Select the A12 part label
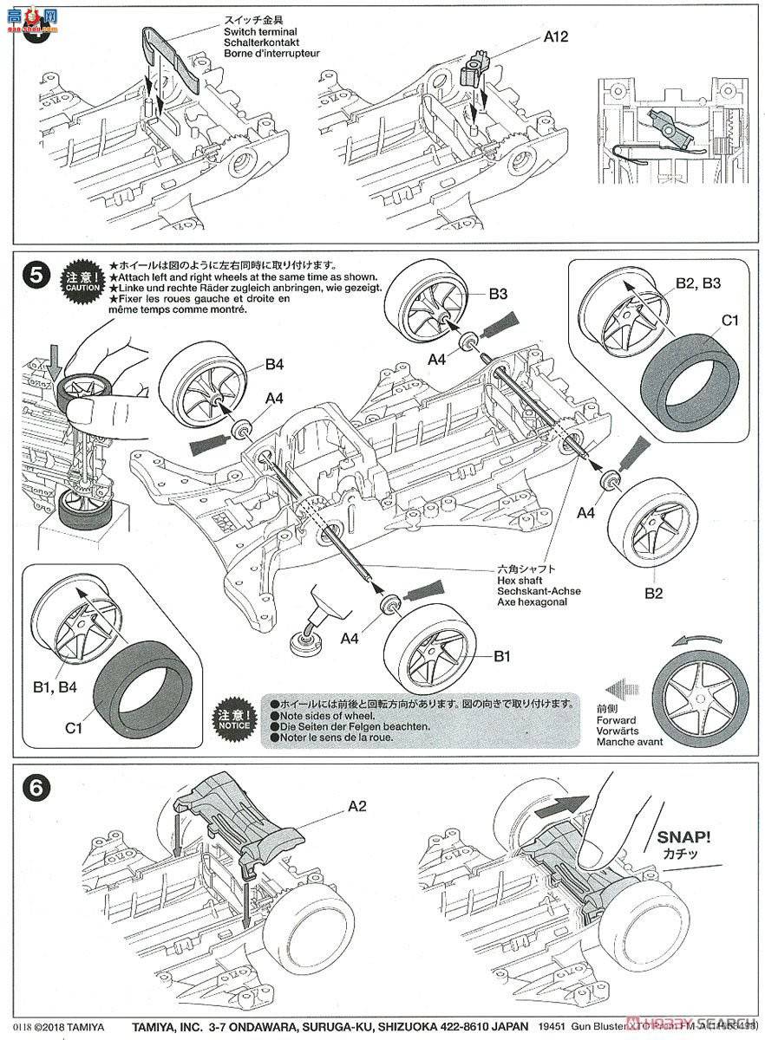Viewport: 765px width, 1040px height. pos(555,37)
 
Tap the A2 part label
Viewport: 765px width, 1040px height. pos(357,806)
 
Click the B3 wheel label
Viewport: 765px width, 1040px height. pos(497,294)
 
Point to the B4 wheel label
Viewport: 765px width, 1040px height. pos(274,364)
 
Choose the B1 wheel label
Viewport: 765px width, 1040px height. pos(500,657)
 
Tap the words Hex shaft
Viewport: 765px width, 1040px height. pos(519,580)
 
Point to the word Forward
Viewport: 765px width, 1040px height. pos(616,719)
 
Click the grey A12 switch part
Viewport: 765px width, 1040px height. pos(477,68)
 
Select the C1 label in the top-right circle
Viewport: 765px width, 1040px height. pos(730,320)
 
